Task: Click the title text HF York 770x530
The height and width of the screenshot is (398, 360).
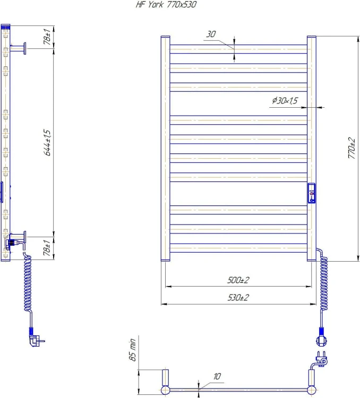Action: point(166,5)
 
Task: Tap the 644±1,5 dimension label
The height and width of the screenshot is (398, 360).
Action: point(47,142)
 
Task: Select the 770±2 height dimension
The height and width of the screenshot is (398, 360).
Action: point(352,148)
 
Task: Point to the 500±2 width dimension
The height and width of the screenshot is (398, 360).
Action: point(238,280)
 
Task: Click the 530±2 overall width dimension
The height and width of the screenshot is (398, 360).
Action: point(238,297)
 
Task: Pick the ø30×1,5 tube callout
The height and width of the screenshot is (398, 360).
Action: point(285,100)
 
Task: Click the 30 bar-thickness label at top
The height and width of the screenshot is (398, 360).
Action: point(211,34)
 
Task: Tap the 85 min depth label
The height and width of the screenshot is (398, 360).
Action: point(132,350)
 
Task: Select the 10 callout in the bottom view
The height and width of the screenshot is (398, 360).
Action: point(217,376)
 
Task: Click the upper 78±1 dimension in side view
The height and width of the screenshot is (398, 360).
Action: point(47,37)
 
